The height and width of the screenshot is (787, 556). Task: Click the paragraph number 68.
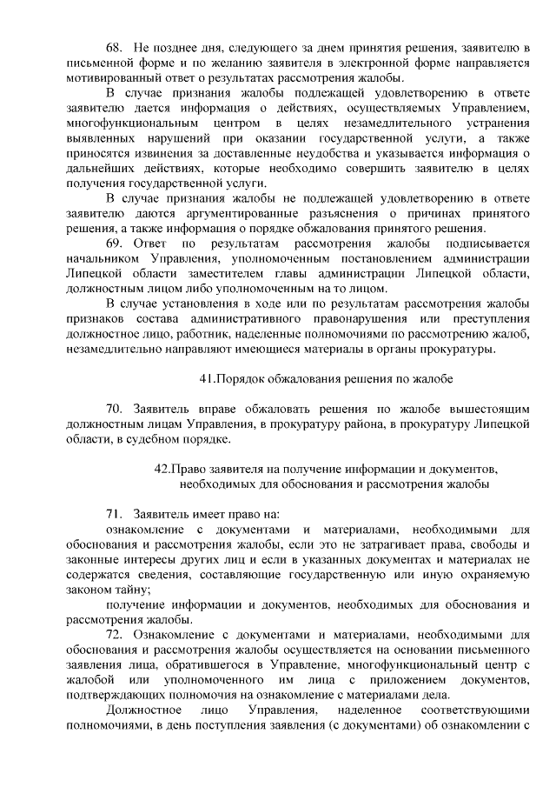(x=115, y=46)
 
